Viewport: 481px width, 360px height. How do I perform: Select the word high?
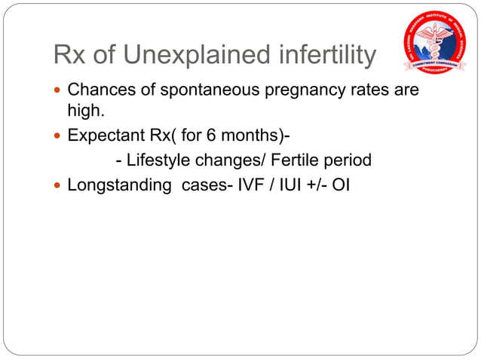[84, 110]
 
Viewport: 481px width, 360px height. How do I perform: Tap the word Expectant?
[104, 137]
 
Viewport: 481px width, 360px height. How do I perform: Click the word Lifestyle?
[161, 160]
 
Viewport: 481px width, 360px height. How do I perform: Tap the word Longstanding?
[118, 185]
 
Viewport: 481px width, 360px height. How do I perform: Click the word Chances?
[98, 90]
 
